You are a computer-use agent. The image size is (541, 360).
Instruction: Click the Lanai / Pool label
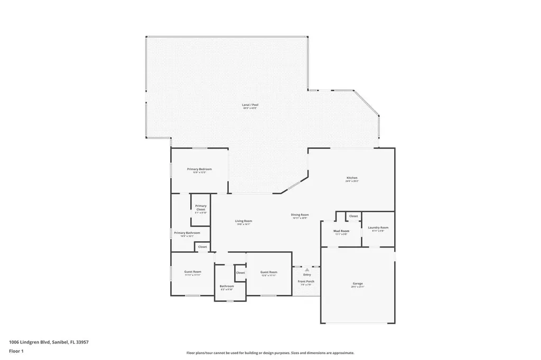click(x=250, y=105)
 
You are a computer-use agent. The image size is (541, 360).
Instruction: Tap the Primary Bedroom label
click(x=199, y=169)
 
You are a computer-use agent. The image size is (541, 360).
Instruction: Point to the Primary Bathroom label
click(x=187, y=233)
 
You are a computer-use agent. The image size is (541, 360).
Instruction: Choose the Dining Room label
click(x=300, y=215)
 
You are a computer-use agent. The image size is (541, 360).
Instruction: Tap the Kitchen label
click(x=352, y=178)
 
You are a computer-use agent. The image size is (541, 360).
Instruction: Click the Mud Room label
click(x=341, y=231)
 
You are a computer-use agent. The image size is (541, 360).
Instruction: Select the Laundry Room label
click(x=378, y=228)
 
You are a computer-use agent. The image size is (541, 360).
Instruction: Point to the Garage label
click(x=358, y=284)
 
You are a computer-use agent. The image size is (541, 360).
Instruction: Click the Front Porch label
click(x=306, y=281)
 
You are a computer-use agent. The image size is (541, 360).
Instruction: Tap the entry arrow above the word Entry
click(x=306, y=269)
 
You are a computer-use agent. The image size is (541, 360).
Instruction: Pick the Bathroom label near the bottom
click(x=227, y=287)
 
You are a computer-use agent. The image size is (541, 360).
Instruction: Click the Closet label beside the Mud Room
click(x=353, y=216)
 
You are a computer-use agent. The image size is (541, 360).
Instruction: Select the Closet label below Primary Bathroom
click(x=202, y=247)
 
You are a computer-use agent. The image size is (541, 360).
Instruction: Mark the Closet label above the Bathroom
click(x=240, y=272)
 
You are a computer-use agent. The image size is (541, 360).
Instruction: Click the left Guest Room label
click(x=193, y=272)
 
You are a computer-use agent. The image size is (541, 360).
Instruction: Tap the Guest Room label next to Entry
click(x=268, y=272)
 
